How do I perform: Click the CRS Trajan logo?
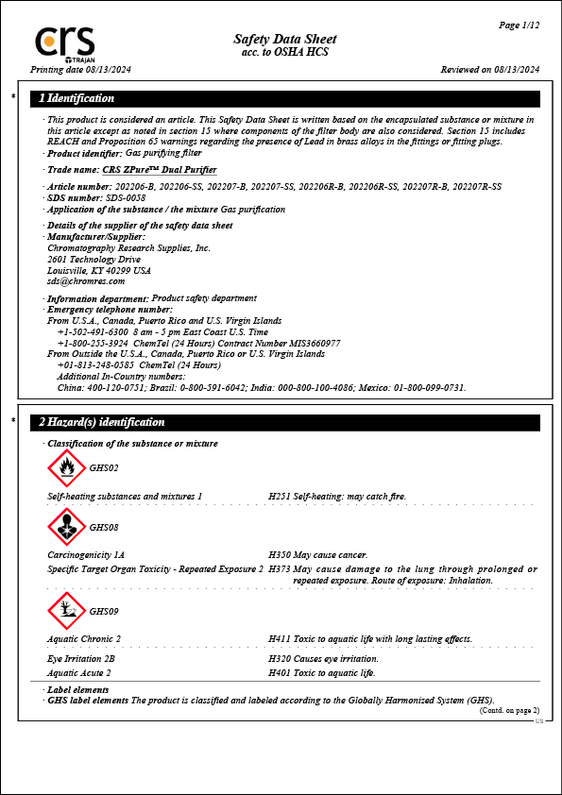[65, 43]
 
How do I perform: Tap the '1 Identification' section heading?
[77, 98]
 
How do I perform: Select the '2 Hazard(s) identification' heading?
[102, 422]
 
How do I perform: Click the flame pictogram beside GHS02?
[66, 467]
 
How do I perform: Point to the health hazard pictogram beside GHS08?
[66, 527]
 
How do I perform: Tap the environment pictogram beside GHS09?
[66, 611]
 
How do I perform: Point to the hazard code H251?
[280, 496]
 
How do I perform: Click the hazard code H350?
[280, 555]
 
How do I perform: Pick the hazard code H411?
[280, 639]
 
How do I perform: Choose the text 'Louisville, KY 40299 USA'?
[98, 270]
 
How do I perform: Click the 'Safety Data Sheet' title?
[284, 39]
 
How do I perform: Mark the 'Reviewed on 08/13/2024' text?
[490, 70]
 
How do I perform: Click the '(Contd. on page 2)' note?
[510, 710]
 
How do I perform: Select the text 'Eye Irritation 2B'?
[81, 659]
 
